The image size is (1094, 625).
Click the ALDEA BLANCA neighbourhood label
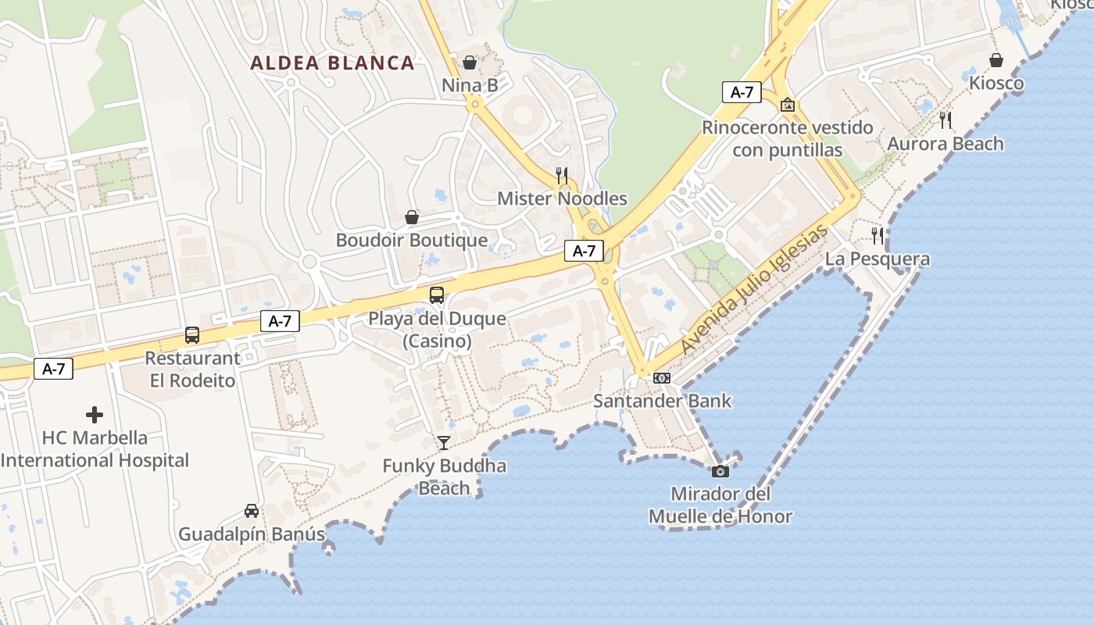click(x=332, y=63)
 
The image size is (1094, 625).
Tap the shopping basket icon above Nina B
click(x=470, y=62)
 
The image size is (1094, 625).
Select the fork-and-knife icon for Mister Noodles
click(x=562, y=175)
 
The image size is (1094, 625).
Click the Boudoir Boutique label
click(x=412, y=241)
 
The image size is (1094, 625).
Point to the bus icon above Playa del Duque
click(x=437, y=295)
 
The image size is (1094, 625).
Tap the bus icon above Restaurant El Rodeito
click(x=192, y=335)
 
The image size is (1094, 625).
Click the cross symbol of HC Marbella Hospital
click(x=95, y=414)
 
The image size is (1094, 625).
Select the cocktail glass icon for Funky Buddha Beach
click(x=444, y=443)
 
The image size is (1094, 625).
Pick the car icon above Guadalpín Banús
click(x=252, y=511)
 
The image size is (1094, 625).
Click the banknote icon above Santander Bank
click(x=662, y=378)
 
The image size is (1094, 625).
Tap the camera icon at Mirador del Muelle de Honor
click(x=720, y=471)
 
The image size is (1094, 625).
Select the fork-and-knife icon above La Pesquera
click(x=878, y=235)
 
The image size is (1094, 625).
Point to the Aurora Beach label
click(x=945, y=144)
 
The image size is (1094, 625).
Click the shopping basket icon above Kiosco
click(x=996, y=60)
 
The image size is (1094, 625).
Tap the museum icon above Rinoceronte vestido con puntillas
click(x=788, y=104)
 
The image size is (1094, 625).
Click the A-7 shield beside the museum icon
click(x=742, y=92)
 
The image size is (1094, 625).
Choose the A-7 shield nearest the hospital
click(x=53, y=369)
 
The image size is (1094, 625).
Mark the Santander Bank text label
click(x=663, y=402)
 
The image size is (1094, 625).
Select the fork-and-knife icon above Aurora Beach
click(x=946, y=120)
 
